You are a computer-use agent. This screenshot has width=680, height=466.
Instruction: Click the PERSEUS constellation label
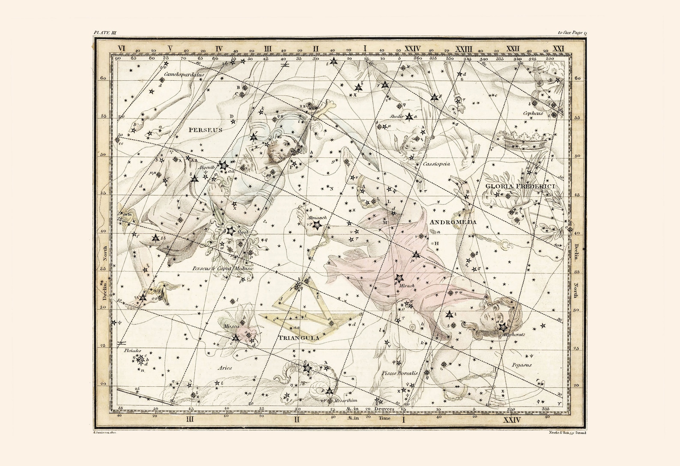click(x=204, y=129)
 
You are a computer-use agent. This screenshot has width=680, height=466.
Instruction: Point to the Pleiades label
click(x=132, y=350)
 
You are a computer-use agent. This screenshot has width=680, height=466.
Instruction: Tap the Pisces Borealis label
click(x=399, y=373)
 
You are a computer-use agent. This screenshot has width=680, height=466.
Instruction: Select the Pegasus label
click(x=521, y=365)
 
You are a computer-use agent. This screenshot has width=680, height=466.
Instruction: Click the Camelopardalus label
click(x=184, y=74)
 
